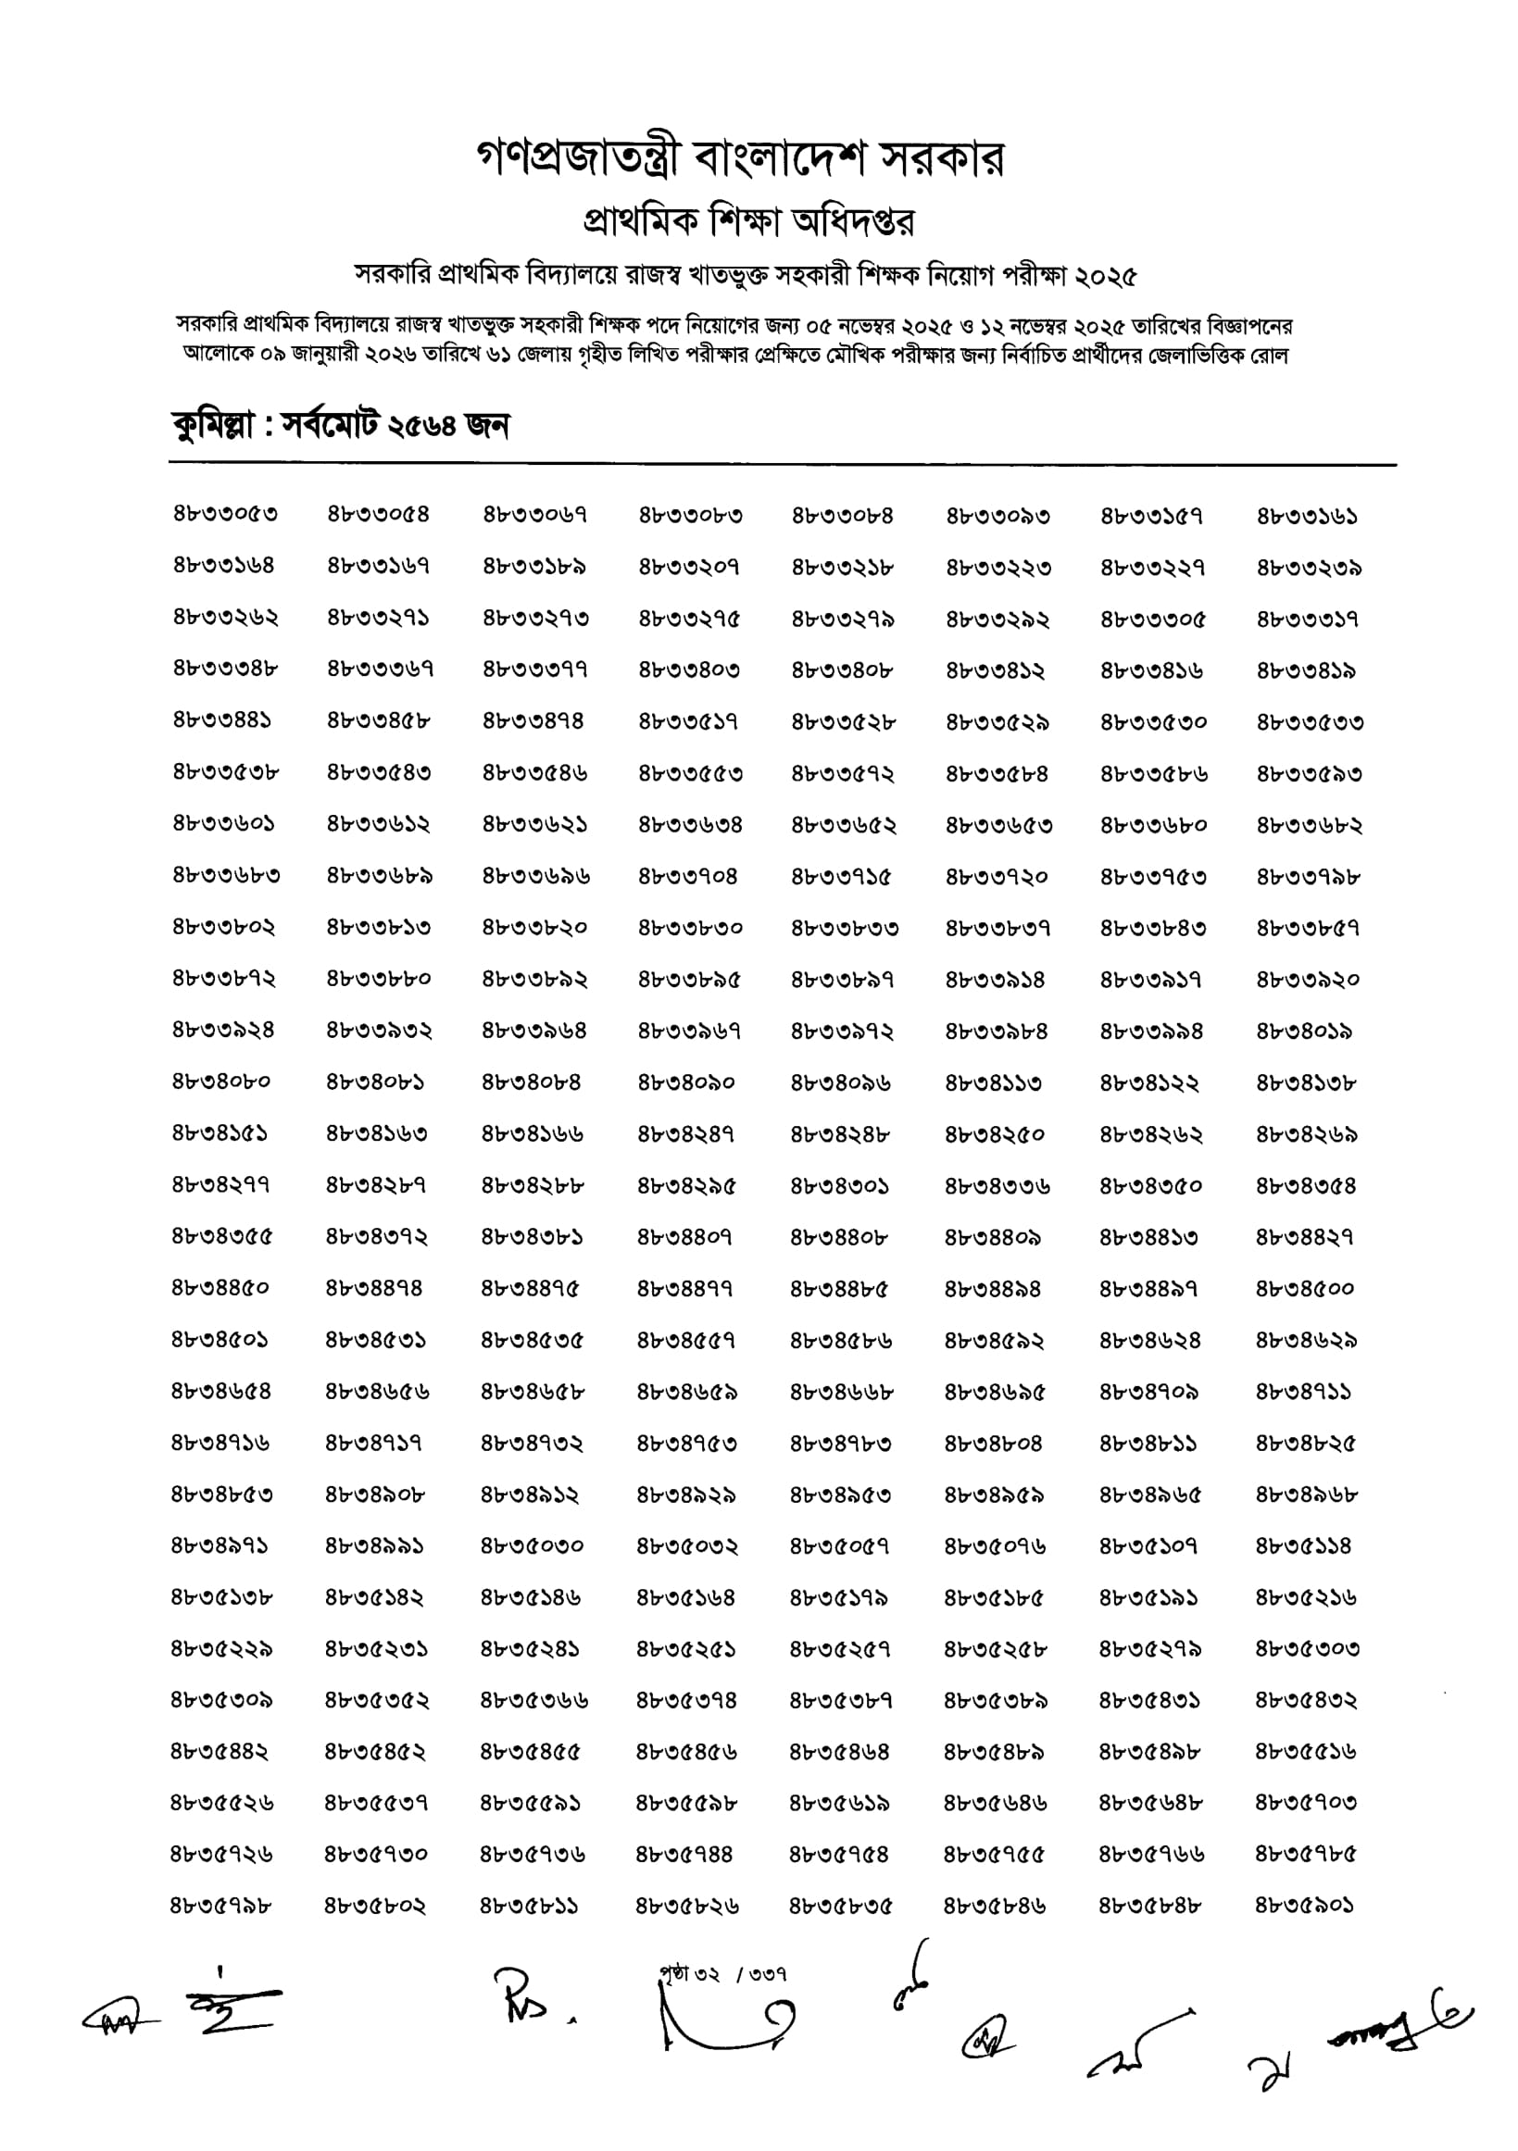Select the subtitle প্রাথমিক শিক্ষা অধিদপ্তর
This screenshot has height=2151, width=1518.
[748, 221]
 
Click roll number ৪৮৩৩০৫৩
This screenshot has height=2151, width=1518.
[225, 514]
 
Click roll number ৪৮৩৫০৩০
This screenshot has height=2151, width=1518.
[533, 1545]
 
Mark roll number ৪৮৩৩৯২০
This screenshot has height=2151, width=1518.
[1306, 980]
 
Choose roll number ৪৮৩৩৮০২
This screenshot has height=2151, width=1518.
[223, 928]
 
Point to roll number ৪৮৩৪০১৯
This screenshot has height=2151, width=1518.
[1303, 1032]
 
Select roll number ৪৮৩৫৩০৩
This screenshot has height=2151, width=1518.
[1306, 1648]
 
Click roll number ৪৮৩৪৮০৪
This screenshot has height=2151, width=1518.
[992, 1443]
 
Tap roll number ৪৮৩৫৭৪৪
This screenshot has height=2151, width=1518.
[684, 1854]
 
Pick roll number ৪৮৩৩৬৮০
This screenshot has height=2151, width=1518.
[1152, 825]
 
